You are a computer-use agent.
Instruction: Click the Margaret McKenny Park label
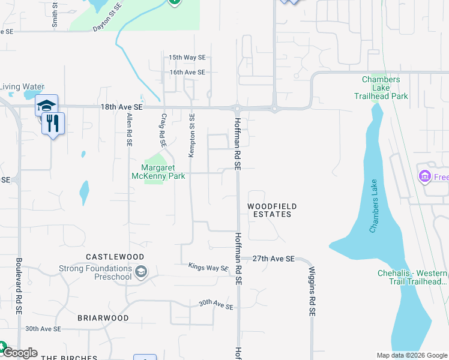pos(158,172)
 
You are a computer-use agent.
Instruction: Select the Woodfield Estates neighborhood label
pos(272,210)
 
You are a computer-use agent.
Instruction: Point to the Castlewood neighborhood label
pos(109,256)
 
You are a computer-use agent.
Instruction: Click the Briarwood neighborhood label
pos(103,317)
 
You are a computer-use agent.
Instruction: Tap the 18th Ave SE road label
pos(122,107)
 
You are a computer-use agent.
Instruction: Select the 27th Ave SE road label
pos(273,259)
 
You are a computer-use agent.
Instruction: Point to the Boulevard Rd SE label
pos(19,287)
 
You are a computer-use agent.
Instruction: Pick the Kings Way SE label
pos(208,267)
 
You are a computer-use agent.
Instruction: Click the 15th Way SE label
pos(187,58)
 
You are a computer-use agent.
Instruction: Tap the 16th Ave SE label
pos(187,73)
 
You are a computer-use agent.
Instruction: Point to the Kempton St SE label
pos(192,136)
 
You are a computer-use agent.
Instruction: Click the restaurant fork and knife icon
pos(54,124)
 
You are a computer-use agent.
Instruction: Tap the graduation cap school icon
pos(46,106)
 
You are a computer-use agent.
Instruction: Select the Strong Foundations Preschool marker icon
pos(140,272)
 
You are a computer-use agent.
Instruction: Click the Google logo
pos(20,353)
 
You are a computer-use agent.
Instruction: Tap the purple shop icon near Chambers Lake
pos(424,176)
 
